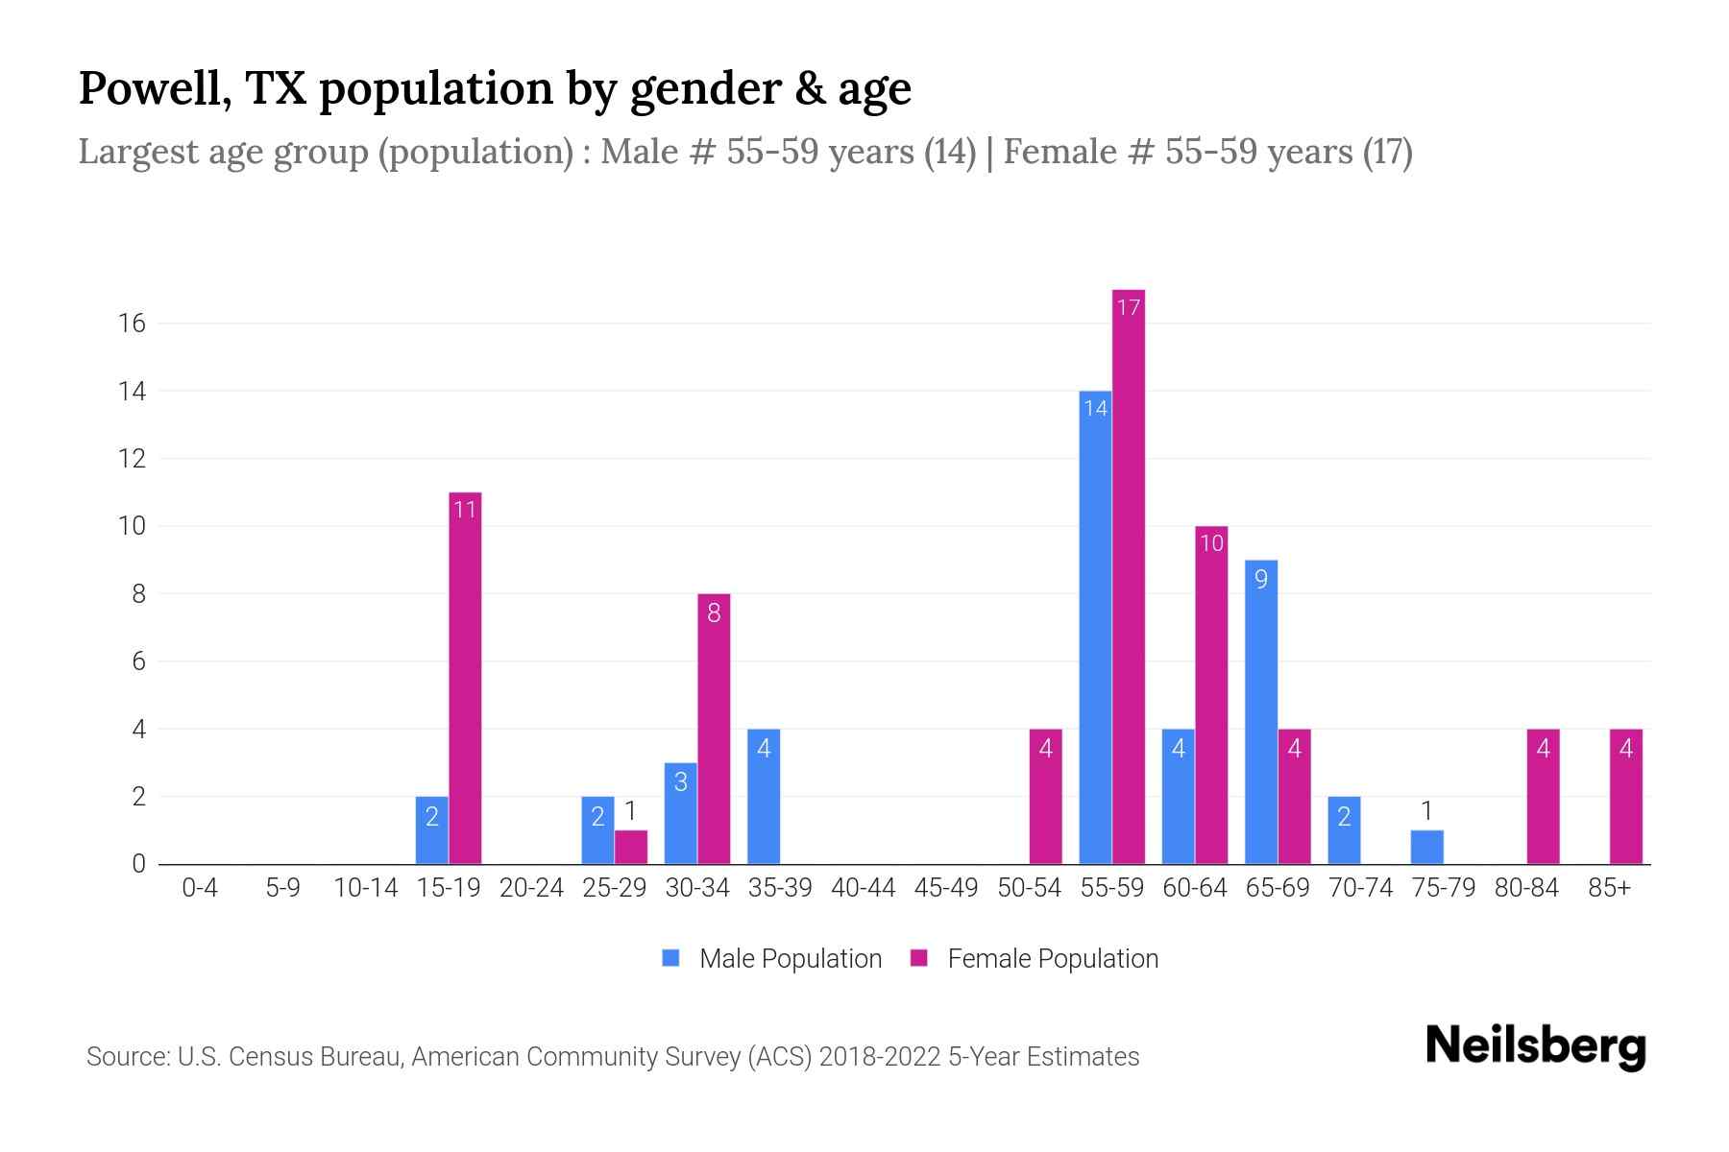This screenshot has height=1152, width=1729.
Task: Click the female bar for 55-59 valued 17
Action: click(x=1129, y=576)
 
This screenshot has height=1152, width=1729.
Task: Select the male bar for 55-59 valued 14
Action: click(x=1095, y=629)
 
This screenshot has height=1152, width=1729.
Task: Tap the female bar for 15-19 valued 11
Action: click(x=465, y=678)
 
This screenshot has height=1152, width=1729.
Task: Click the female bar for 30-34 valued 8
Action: click(x=714, y=730)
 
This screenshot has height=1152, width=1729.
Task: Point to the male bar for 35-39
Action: click(x=764, y=797)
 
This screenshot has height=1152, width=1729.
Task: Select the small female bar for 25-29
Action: click(x=631, y=848)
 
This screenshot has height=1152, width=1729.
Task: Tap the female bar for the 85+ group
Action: click(x=1626, y=797)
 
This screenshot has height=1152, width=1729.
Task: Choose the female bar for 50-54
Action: click(x=1046, y=797)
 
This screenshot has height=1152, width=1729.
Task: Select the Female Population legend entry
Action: click(x=1035, y=959)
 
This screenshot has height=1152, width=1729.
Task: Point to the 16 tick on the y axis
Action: click(x=132, y=324)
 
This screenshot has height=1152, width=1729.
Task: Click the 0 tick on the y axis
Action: click(x=138, y=864)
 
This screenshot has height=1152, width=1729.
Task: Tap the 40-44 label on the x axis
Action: click(x=863, y=889)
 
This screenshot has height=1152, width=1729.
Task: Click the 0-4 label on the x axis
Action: click(x=200, y=889)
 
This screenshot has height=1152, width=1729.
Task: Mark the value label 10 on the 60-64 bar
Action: click(x=1211, y=543)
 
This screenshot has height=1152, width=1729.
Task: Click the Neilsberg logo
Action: click(x=1535, y=1046)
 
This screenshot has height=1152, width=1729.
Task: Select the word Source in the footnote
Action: click(x=127, y=1057)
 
